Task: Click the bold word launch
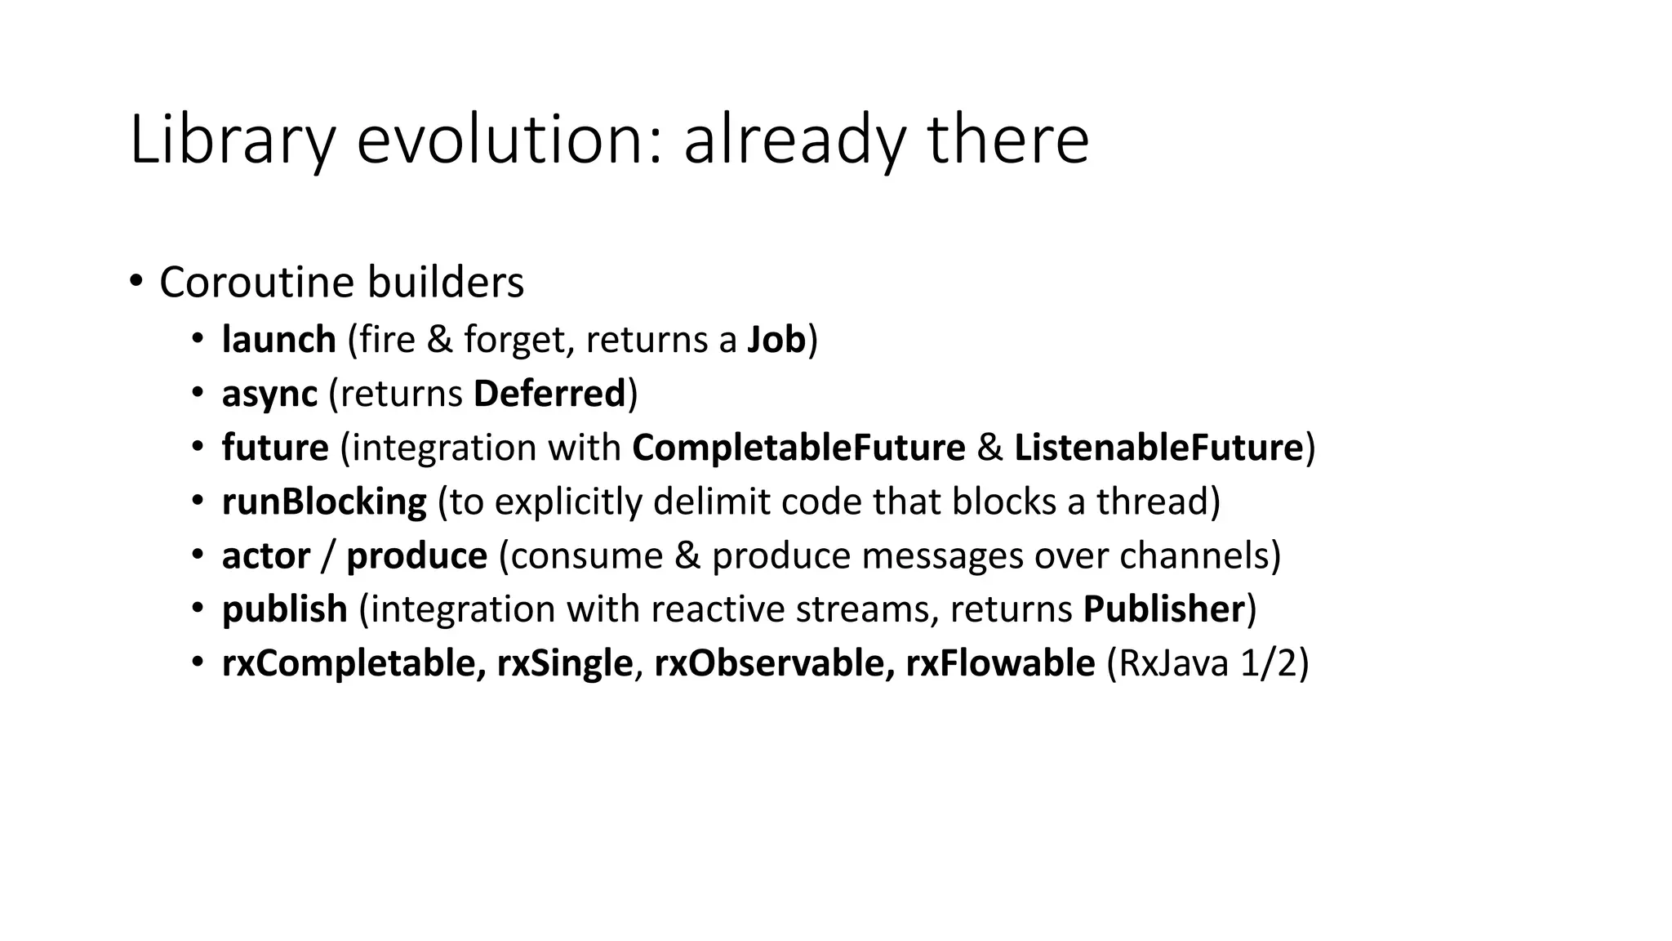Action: point(278,339)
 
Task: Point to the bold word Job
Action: point(776,339)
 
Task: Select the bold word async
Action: point(269,394)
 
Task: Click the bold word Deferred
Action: point(549,394)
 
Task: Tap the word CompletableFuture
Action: point(798,448)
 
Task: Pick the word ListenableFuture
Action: point(1158,448)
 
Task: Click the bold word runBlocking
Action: point(324,502)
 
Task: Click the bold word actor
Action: point(266,556)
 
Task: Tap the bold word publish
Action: point(284,610)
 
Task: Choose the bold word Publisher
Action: point(1164,610)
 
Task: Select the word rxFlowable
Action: point(1000,663)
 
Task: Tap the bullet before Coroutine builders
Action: point(136,283)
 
